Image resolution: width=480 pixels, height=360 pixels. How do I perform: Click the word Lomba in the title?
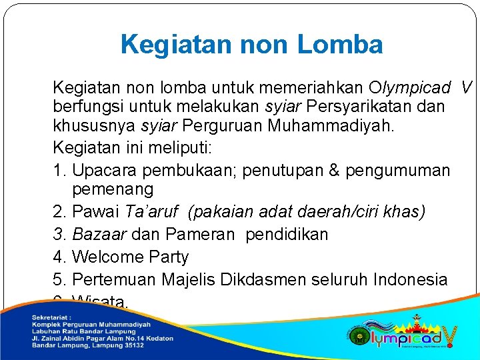click(339, 45)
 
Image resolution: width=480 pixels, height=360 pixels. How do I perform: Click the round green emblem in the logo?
click(360, 335)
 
